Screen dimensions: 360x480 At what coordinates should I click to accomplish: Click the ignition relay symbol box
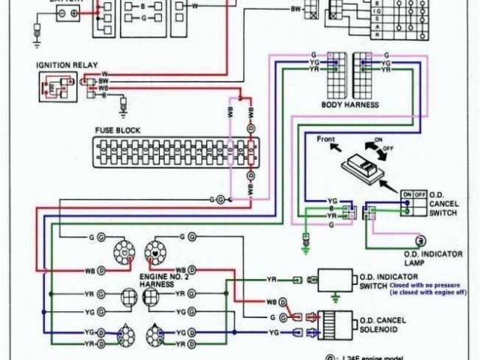click(55, 88)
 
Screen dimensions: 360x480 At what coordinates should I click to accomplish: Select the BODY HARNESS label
click(349, 105)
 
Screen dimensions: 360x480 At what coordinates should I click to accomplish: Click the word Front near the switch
click(325, 139)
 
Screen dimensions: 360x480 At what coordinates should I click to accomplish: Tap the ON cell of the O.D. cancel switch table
click(406, 193)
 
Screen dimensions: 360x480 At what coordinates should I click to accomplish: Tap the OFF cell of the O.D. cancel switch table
click(417, 193)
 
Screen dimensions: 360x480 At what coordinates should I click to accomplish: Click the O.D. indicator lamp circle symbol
click(421, 239)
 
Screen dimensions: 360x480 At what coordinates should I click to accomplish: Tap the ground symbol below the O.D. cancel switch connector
click(306, 242)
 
